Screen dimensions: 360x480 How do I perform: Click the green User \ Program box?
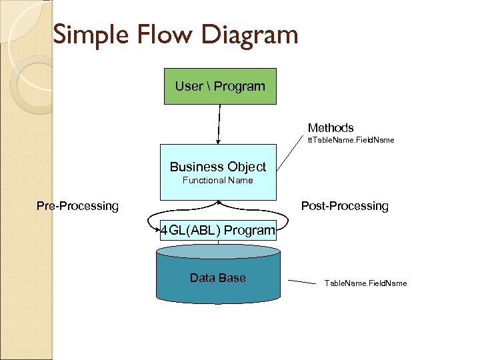(220, 87)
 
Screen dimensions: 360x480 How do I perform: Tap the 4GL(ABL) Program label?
(218, 231)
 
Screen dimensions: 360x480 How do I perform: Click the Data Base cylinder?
(218, 280)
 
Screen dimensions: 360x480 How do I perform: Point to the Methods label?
(331, 127)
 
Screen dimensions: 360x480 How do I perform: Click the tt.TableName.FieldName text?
(351, 140)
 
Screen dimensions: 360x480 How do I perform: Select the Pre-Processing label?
(77, 206)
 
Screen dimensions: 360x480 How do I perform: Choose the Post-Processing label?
(345, 206)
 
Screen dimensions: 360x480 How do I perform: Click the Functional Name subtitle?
(218, 180)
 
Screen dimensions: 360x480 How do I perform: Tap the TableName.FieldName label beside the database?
(365, 283)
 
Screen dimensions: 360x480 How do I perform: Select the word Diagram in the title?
(246, 35)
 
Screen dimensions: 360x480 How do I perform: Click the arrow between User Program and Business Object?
(218, 124)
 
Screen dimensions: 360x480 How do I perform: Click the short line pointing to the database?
(301, 283)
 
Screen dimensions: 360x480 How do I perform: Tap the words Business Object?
(218, 167)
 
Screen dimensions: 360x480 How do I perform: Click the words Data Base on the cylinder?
(218, 278)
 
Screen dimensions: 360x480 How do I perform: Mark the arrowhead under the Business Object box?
(218, 202)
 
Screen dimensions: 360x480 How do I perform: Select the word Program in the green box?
(239, 86)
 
